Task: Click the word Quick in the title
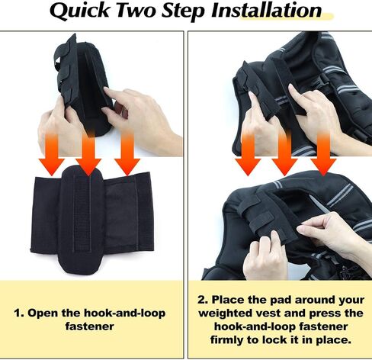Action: (x=79, y=11)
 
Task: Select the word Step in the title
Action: (x=183, y=11)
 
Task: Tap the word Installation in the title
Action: (x=266, y=10)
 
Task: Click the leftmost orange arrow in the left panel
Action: (x=52, y=154)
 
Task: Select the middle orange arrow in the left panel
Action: (x=88, y=154)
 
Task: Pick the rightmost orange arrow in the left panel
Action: (x=127, y=154)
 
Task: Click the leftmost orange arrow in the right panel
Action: (x=248, y=154)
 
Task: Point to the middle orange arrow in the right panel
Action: (x=284, y=154)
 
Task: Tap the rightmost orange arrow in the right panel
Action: (x=323, y=154)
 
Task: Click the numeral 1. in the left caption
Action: (x=18, y=313)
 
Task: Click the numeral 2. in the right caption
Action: (x=203, y=300)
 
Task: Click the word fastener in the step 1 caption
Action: (x=89, y=326)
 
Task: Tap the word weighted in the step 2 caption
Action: (x=226, y=313)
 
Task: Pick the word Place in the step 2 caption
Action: (x=228, y=300)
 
